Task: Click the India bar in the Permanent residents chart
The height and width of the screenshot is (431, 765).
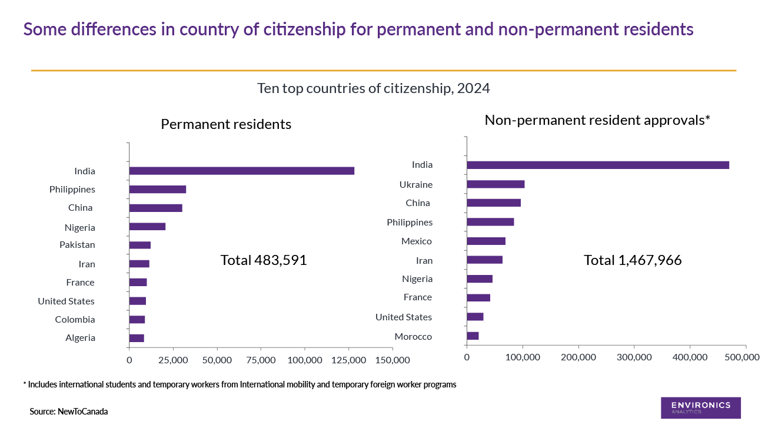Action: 241,171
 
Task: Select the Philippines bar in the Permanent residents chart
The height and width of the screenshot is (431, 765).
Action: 157,190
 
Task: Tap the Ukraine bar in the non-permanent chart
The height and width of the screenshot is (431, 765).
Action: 495,184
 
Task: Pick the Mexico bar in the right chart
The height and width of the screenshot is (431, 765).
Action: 486,241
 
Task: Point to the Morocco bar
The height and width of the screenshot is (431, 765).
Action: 473,336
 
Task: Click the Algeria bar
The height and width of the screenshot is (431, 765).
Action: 137,338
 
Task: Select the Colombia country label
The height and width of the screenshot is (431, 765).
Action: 75,320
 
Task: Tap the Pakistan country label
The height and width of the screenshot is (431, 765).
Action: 77,245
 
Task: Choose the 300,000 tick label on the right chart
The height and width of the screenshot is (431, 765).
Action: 634,357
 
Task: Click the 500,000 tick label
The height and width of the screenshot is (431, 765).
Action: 745,357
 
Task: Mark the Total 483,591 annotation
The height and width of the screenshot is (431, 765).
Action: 264,260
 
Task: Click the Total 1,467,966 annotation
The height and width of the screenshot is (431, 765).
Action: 633,260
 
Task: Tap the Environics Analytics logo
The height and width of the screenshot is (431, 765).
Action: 700,407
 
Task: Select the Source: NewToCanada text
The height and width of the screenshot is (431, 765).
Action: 69,412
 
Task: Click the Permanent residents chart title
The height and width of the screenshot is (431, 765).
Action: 226,124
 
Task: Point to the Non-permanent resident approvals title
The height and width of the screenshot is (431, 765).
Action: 597,120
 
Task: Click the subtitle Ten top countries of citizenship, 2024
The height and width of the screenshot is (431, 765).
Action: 374,88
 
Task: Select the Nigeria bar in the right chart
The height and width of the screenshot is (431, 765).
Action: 480,279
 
